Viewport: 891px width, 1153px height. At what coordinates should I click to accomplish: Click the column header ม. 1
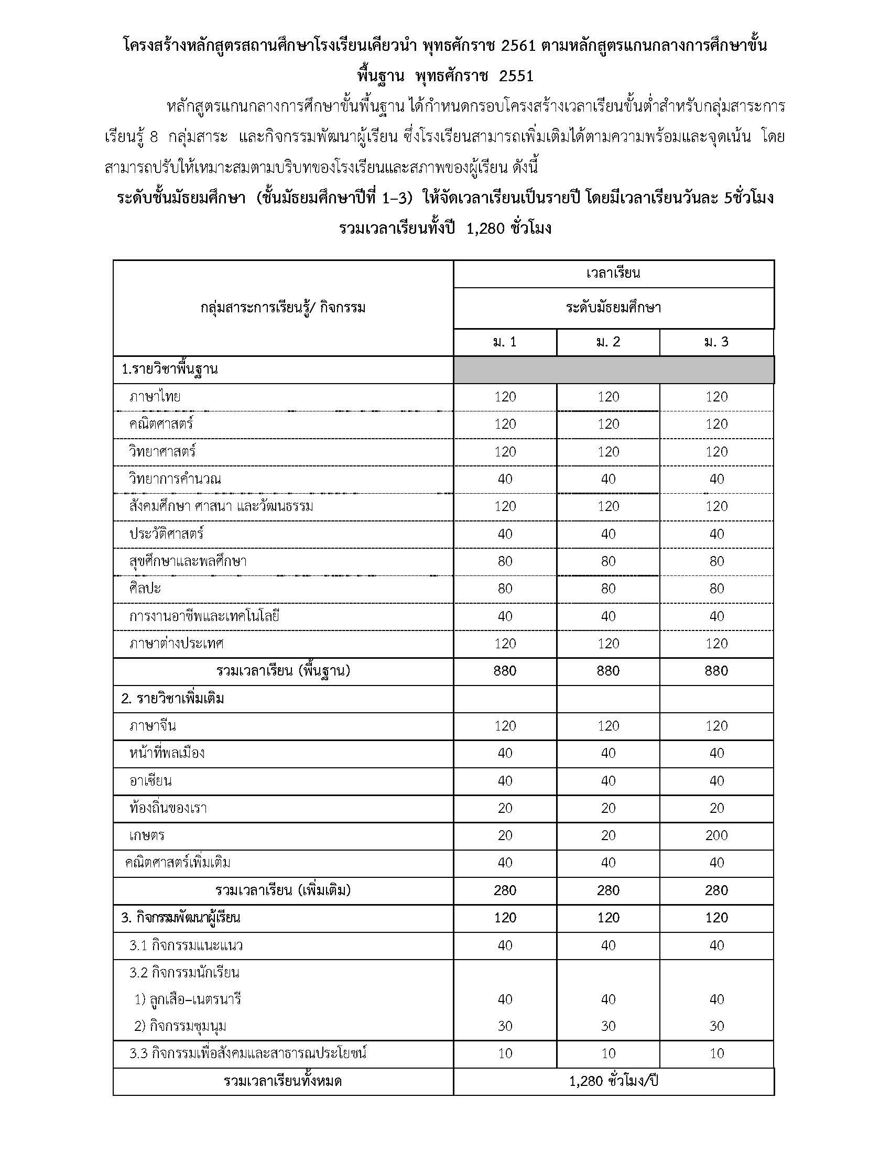(505, 342)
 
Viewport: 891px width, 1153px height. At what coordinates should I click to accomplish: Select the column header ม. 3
(716, 342)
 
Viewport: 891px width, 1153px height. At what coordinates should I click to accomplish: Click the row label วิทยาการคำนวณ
(175, 479)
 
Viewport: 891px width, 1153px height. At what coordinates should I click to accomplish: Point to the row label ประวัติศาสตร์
(166, 534)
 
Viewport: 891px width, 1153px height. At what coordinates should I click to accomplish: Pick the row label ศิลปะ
(145, 589)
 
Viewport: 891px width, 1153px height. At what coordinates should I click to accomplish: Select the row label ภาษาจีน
(153, 726)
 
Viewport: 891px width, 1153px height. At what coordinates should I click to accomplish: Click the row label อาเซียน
(150, 781)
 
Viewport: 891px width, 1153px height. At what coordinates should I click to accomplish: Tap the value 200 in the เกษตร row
(716, 836)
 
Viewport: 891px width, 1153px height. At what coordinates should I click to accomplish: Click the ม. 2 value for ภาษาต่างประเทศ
(608, 644)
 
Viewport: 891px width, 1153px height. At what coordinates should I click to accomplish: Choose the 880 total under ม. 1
(505, 671)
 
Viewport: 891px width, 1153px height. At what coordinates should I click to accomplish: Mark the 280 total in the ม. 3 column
(716, 890)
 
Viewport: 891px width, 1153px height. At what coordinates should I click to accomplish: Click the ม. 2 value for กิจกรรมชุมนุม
(608, 1026)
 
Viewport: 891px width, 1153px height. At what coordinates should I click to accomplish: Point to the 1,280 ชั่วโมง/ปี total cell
(613, 1081)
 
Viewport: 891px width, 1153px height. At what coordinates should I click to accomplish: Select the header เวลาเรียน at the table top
(613, 274)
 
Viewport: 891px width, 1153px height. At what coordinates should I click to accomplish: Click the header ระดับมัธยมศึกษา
(613, 308)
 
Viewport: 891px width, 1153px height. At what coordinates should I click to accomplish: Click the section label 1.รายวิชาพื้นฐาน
(169, 369)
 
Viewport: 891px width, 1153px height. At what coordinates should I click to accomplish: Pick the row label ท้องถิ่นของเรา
(168, 808)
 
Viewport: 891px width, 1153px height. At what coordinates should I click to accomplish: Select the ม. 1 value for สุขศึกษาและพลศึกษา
(505, 561)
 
